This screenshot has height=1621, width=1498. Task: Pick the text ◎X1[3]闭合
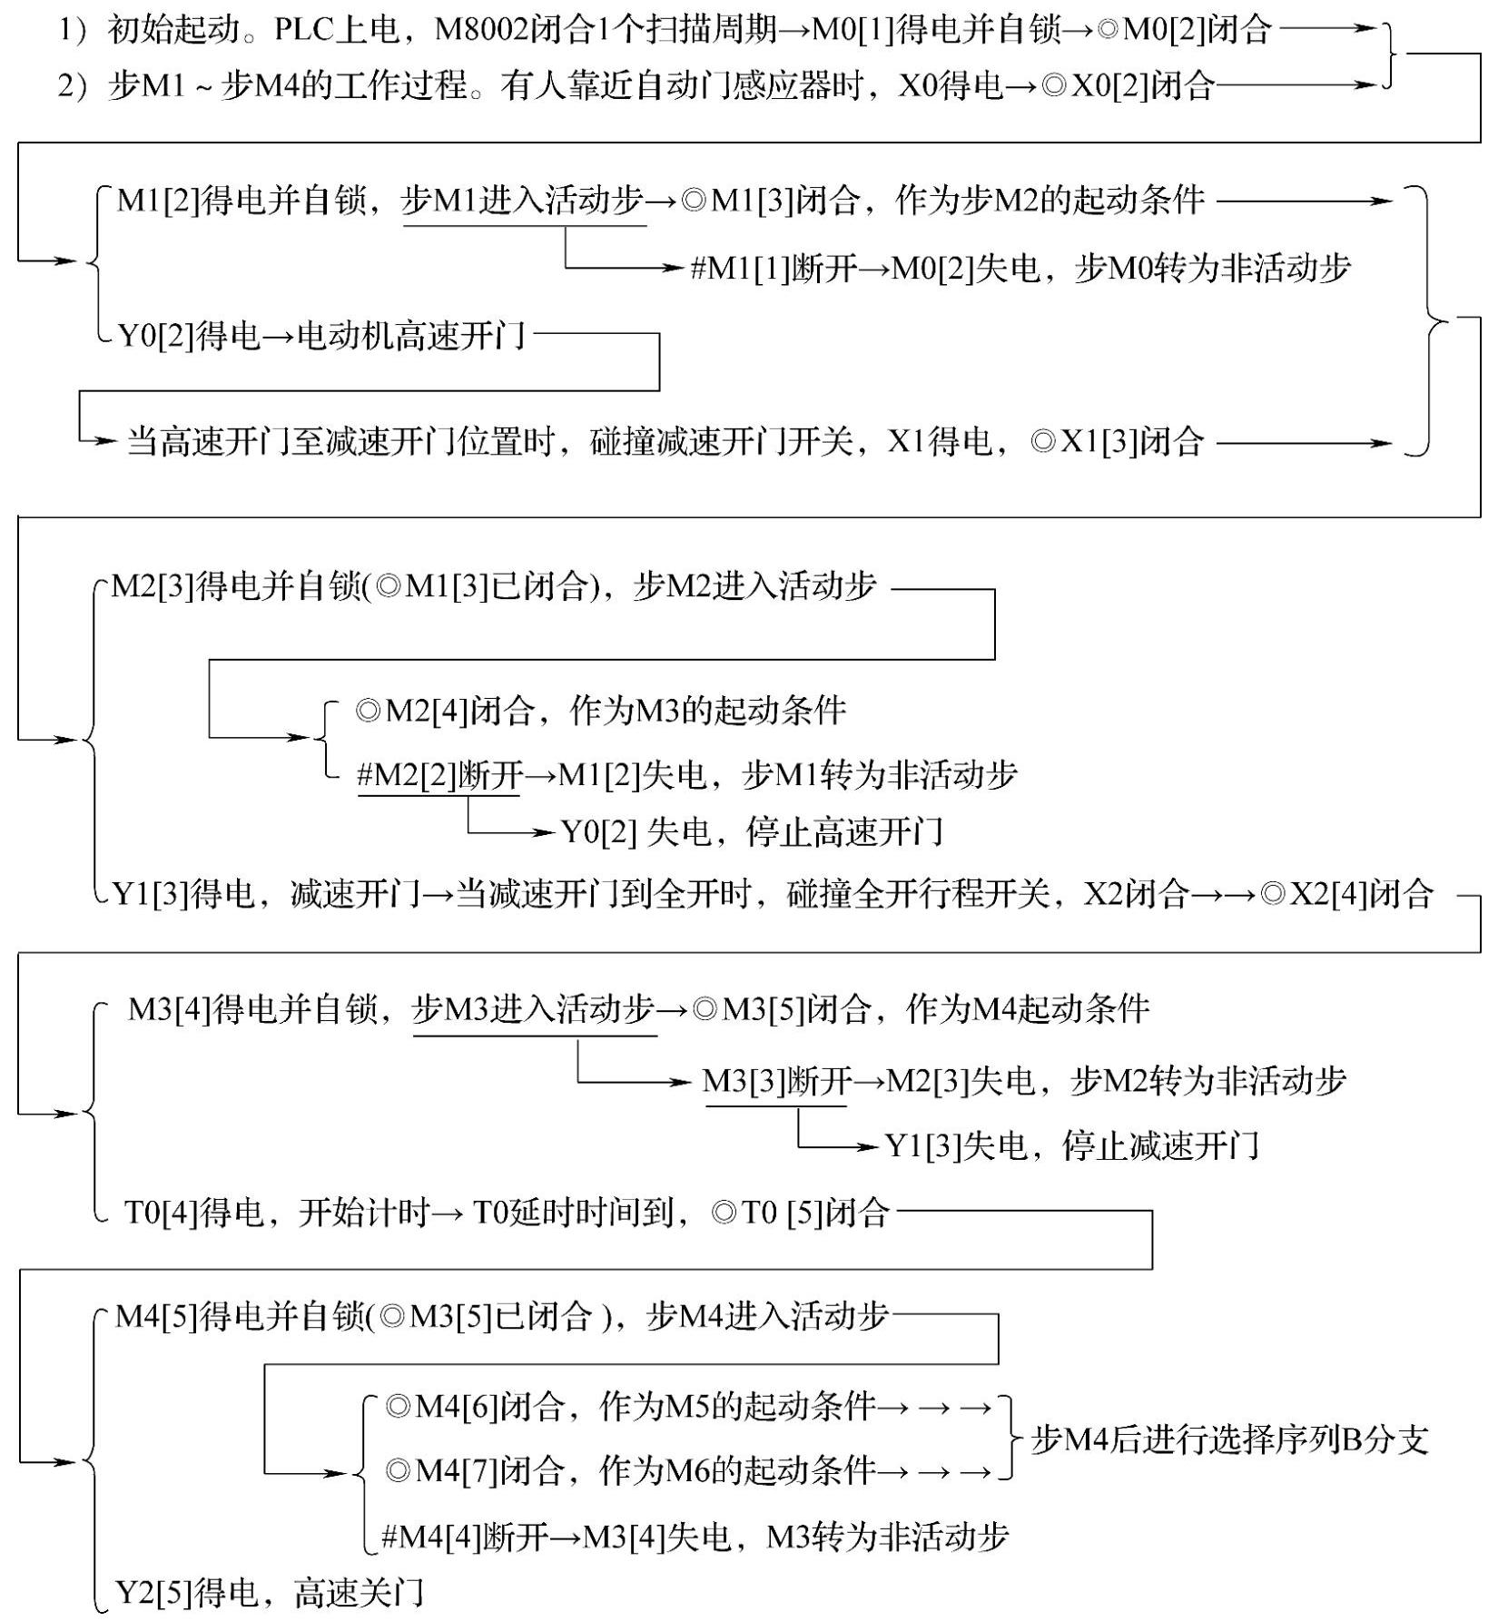pos(1118,442)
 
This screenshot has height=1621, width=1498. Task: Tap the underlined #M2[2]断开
pos(439,775)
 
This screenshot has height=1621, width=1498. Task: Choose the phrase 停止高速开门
pos(844,831)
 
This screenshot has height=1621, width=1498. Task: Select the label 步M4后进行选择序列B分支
pos(1229,1439)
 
